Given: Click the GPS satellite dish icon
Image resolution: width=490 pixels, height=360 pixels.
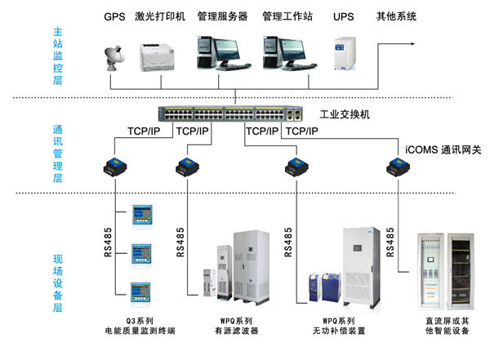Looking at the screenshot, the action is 114,58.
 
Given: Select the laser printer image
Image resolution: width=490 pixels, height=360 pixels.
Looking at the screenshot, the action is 157,57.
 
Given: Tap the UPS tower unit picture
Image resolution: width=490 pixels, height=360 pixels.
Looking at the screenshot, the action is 345,54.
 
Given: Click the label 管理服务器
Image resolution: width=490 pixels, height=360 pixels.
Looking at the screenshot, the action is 222,16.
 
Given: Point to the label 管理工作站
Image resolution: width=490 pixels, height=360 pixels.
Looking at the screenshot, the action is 287,16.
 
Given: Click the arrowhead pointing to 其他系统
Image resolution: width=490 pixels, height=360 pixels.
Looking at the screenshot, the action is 412,44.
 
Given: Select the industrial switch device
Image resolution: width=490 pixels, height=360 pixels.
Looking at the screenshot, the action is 230,114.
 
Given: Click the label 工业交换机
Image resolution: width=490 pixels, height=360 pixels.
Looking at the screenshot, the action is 345,114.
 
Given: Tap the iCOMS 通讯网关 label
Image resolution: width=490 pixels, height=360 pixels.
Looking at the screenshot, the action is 443,149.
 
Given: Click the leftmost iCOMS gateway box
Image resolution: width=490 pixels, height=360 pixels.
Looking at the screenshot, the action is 115,167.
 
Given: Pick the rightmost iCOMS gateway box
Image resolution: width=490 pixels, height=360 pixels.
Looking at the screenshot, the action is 399,167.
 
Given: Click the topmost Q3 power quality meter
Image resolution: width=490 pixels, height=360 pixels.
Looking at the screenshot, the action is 142,215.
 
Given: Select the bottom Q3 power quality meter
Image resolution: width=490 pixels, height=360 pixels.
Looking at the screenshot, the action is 140,292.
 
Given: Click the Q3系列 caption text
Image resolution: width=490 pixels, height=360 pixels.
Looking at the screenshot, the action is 140,321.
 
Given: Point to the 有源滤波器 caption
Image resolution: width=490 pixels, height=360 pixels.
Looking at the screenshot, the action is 237,331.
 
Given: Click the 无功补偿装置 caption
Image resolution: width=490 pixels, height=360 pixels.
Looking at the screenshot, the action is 339,331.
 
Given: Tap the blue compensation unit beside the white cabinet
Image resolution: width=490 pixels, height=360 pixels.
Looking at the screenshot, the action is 331,287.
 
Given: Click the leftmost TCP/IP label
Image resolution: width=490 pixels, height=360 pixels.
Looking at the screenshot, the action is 144,131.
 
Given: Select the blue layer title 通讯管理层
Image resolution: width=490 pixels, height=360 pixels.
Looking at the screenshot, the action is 58,153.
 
